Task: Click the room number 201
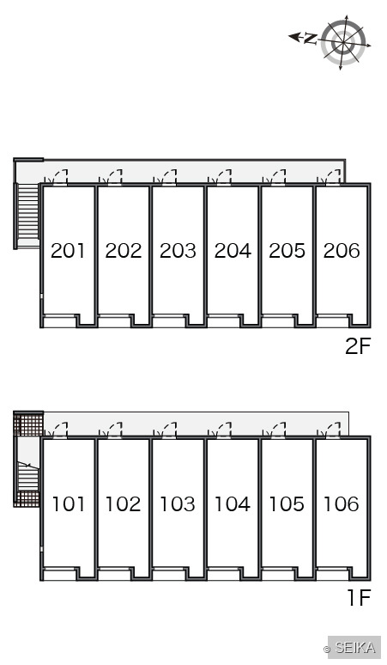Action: [68, 251]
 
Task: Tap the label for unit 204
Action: [233, 251]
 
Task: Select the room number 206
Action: [342, 251]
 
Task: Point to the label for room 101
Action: [68, 503]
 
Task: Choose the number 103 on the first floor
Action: [178, 503]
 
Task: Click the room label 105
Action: [287, 503]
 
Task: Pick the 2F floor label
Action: [358, 346]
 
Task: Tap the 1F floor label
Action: [359, 598]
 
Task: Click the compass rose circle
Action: [342, 42]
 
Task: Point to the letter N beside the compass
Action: [310, 39]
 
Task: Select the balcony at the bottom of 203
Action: [169, 321]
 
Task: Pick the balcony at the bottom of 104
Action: [224, 573]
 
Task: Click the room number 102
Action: [123, 503]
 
